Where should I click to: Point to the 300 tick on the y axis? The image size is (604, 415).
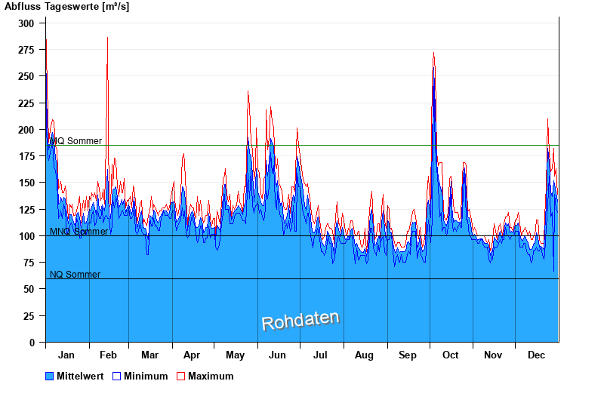point(26,23)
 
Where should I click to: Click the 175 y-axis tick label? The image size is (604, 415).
point(26,156)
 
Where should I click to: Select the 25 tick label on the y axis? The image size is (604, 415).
point(29,316)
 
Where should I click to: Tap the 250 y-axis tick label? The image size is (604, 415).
point(26,76)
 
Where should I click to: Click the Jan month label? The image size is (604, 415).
point(66,355)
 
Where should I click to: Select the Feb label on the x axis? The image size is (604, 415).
point(108,355)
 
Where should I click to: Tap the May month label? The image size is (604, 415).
point(235,355)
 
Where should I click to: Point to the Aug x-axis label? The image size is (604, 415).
point(364,355)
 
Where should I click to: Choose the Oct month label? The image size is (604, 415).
point(451,355)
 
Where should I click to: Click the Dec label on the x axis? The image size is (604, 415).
point(537,355)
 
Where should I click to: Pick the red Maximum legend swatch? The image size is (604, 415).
point(181,376)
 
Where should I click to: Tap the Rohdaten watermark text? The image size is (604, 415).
point(300,321)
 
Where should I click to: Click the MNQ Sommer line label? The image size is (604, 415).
point(79,232)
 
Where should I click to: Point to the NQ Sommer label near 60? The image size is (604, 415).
point(75,275)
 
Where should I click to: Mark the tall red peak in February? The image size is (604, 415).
point(107,38)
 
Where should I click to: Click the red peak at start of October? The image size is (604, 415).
point(433,54)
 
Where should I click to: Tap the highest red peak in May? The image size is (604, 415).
point(248,91)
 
